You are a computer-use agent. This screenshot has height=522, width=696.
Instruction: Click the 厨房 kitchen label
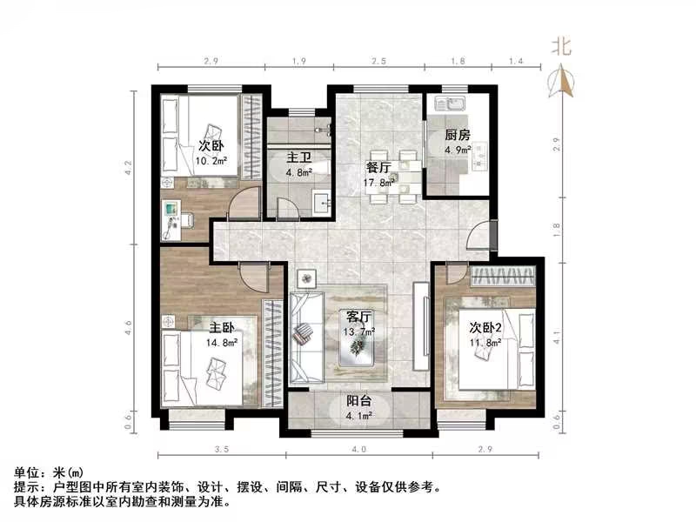458,135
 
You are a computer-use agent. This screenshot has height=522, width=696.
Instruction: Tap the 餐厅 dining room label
378,168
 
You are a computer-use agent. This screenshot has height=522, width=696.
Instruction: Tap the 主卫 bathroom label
300,157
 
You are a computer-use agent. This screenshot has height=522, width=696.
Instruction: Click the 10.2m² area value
211,161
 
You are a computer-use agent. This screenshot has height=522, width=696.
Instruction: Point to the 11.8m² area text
486,342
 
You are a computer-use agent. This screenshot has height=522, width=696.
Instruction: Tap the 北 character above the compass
561,47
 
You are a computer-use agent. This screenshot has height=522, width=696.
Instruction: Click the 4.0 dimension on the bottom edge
358,449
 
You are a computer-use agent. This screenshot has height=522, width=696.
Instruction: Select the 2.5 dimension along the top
378,62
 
